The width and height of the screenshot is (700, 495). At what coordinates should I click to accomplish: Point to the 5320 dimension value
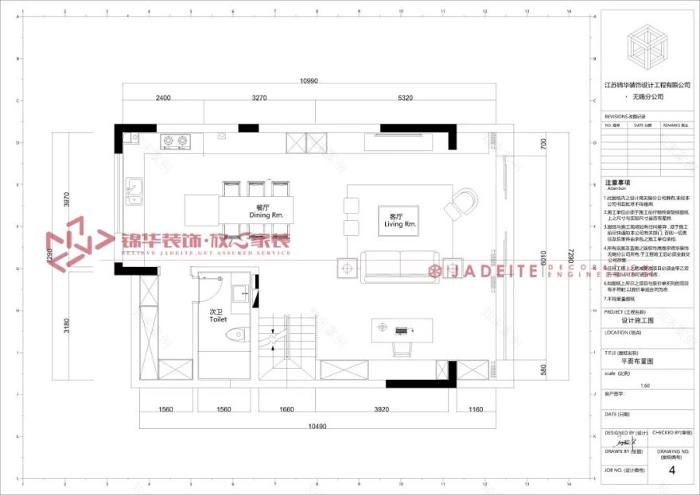click(405, 98)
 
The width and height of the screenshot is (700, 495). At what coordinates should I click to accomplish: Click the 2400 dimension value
click(162, 98)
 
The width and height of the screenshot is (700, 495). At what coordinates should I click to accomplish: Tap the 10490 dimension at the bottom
click(316, 426)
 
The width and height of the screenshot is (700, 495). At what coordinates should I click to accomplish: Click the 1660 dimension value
click(286, 409)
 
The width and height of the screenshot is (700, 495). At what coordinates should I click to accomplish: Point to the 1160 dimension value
click(476, 409)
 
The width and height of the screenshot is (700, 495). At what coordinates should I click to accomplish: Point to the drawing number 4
click(672, 470)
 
